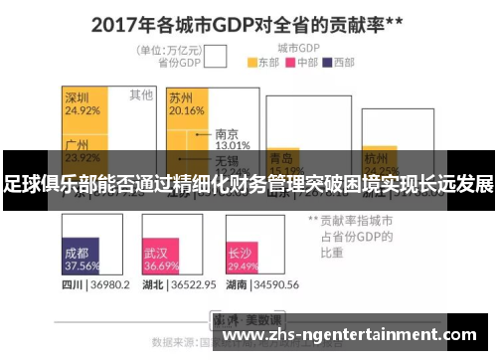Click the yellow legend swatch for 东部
(x=252, y=62)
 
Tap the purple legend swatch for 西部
(x=327, y=62)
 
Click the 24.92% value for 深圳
(x=82, y=111)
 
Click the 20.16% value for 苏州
(x=185, y=111)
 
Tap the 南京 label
(x=226, y=133)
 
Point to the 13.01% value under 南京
(x=232, y=145)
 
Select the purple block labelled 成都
(x=81, y=260)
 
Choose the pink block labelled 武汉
(x=160, y=260)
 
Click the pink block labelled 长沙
(x=242, y=260)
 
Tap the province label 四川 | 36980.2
(x=95, y=285)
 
